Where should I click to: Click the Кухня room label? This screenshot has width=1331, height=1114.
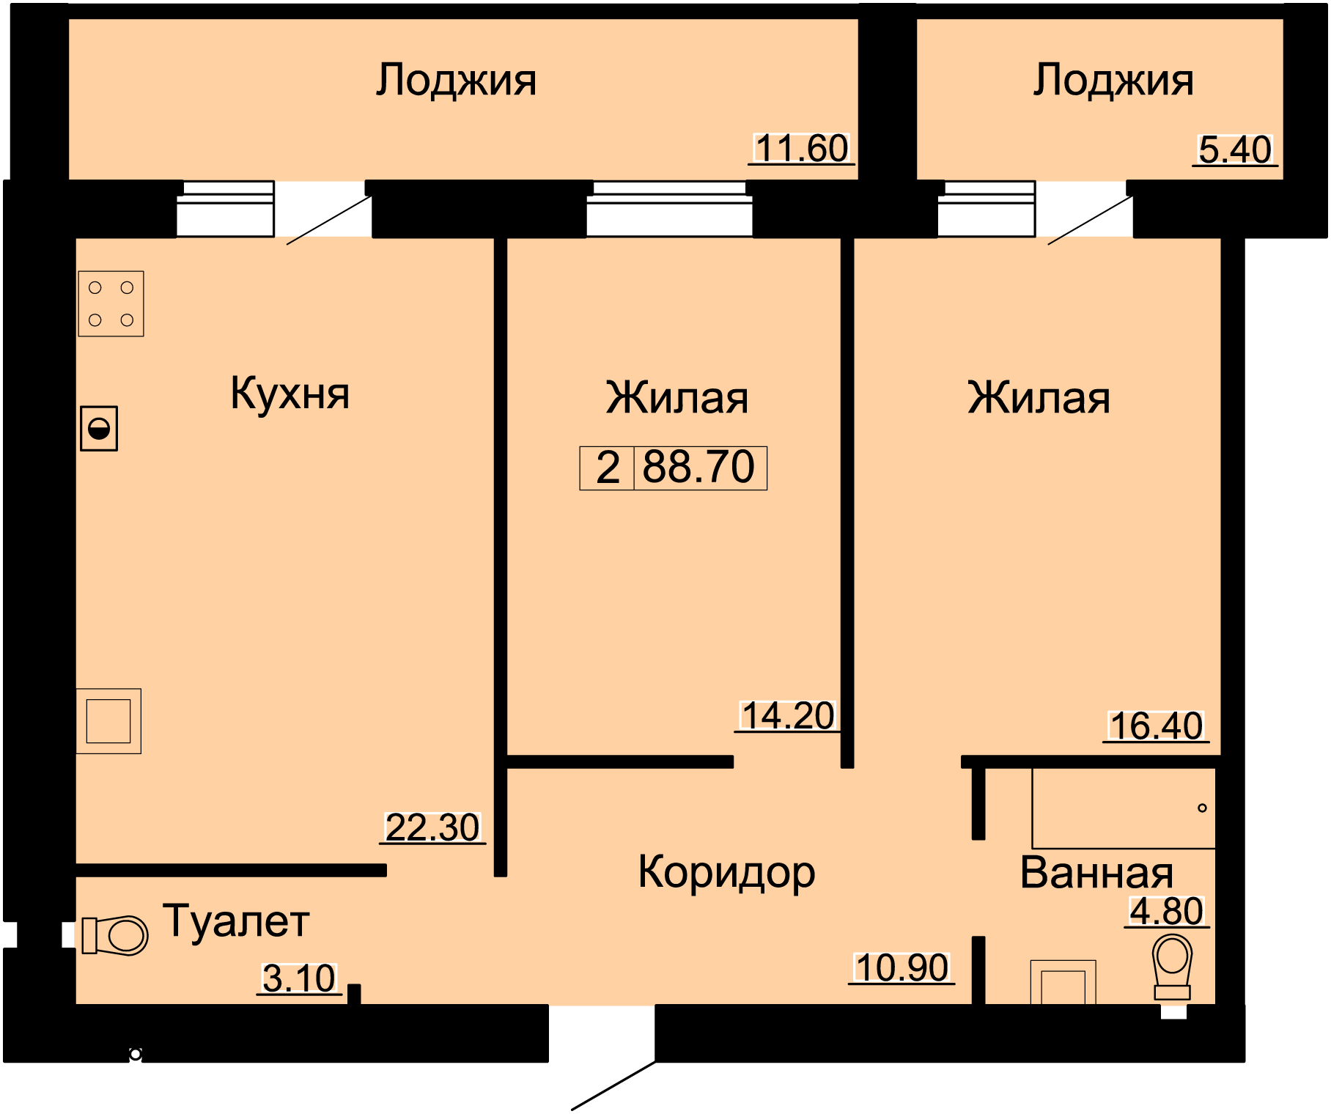tap(290, 394)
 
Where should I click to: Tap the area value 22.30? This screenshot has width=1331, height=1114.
tap(432, 827)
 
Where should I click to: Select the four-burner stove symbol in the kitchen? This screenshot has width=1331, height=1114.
tap(111, 304)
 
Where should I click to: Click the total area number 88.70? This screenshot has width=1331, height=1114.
tap(698, 467)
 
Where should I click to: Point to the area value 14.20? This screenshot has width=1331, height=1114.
tap(788, 715)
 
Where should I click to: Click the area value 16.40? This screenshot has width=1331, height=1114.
tap(1156, 726)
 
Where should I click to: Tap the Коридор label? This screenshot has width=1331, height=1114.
tap(726, 873)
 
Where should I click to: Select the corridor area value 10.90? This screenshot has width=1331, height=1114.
tap(902, 967)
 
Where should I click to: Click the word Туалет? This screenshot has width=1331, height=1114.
tap(236, 921)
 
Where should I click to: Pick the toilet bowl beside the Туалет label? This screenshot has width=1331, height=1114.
tap(115, 935)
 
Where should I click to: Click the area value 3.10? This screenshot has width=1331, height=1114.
tap(299, 978)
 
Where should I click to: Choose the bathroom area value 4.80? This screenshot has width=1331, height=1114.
tap(1167, 911)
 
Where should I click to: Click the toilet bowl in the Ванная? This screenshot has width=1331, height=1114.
tap(1172, 967)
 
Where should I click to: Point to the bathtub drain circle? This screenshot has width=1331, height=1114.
tap(1202, 808)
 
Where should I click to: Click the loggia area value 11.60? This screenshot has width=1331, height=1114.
tap(802, 148)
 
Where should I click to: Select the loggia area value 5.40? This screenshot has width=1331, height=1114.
tap(1235, 150)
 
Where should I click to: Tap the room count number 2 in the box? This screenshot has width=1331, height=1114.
tap(608, 468)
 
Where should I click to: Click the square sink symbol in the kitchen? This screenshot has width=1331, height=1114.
tap(108, 721)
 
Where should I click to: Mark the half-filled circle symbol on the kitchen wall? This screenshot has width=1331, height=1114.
tap(99, 429)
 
